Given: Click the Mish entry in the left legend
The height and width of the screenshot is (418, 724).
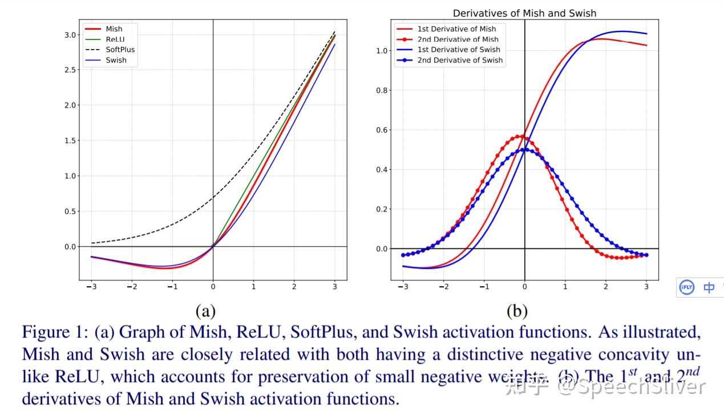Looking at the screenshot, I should (x=114, y=29).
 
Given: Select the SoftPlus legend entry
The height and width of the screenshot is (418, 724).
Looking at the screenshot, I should (x=120, y=50).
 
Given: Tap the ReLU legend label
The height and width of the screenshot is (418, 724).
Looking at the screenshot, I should (x=115, y=39).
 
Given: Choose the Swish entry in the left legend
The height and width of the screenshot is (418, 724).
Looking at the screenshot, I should (x=116, y=60).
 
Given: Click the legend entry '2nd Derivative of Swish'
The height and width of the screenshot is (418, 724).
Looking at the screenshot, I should (x=460, y=60).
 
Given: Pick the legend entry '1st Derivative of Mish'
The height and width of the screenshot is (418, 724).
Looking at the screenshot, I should (x=456, y=29).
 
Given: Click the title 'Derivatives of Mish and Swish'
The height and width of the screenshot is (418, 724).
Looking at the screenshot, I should (x=524, y=13).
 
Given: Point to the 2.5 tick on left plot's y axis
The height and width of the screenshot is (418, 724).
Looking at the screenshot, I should (x=70, y=70).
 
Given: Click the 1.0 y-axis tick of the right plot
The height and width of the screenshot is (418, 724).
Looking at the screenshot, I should (x=382, y=51).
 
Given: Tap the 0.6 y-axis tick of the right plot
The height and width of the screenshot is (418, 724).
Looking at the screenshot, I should (x=382, y=130).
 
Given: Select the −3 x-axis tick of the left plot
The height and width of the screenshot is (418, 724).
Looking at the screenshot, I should (x=91, y=286).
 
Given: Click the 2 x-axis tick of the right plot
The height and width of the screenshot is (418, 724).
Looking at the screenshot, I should (x=606, y=286).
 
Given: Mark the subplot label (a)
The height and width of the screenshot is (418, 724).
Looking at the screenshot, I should (x=205, y=311).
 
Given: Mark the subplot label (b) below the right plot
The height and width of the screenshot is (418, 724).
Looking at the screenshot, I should (x=517, y=311).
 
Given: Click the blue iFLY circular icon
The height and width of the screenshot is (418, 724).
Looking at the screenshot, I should (x=686, y=287).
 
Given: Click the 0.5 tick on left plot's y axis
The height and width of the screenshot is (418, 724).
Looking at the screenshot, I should (x=70, y=211).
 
